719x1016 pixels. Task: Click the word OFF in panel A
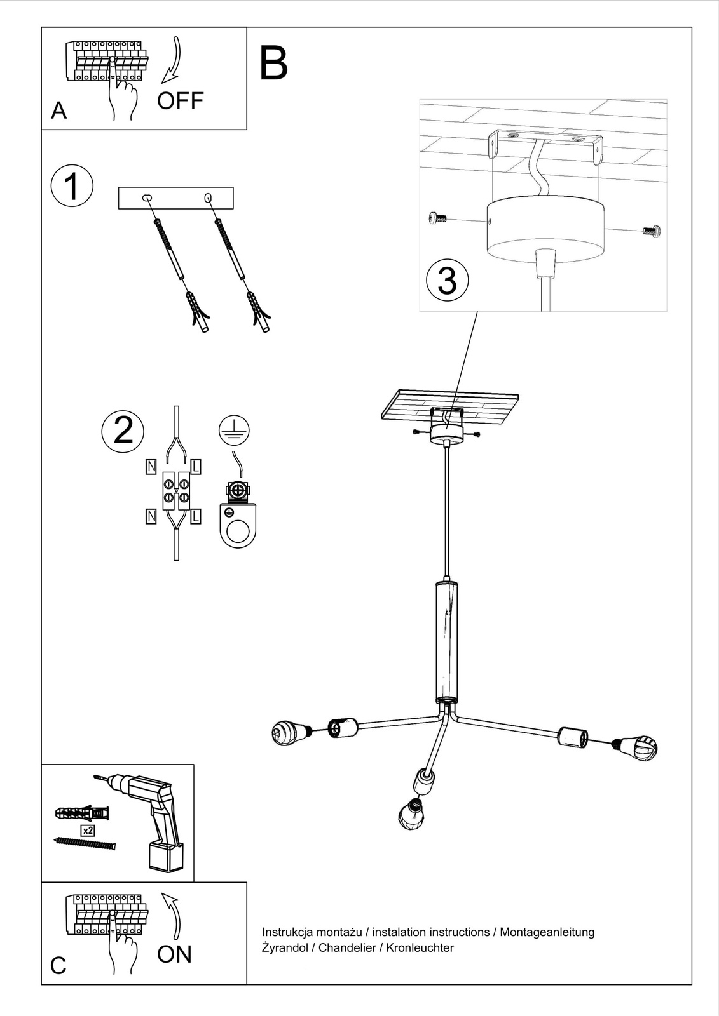point(180,101)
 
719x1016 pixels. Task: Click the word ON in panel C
point(174,954)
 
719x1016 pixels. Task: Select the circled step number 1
point(72,187)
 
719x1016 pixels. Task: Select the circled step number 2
point(123,431)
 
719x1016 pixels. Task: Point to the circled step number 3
point(448,280)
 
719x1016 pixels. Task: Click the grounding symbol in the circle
point(234,431)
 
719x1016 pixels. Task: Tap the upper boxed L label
point(196,467)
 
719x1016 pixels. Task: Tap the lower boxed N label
point(151,516)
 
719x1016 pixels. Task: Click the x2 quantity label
point(88,831)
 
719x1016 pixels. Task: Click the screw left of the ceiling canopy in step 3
point(437,219)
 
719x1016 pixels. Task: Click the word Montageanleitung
point(547,932)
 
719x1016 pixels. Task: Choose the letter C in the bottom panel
point(58,965)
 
